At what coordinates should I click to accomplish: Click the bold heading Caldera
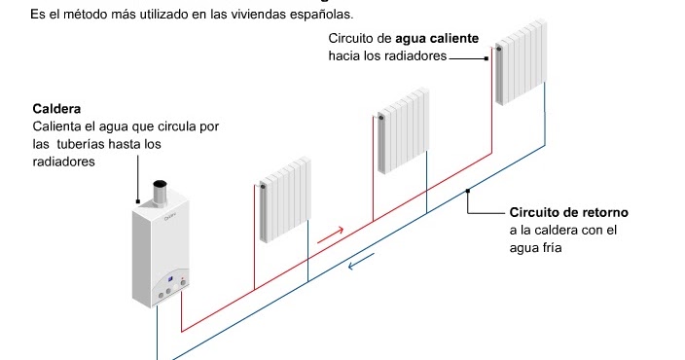pyautogui.click(x=56, y=109)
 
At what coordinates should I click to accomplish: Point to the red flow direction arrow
pyautogui.click(x=331, y=234)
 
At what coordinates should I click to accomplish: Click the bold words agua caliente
pyautogui.click(x=438, y=39)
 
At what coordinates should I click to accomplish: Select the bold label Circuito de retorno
pyautogui.click(x=569, y=212)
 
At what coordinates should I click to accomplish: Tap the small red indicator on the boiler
pyautogui.click(x=182, y=280)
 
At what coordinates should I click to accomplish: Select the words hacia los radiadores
pyautogui.click(x=387, y=56)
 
